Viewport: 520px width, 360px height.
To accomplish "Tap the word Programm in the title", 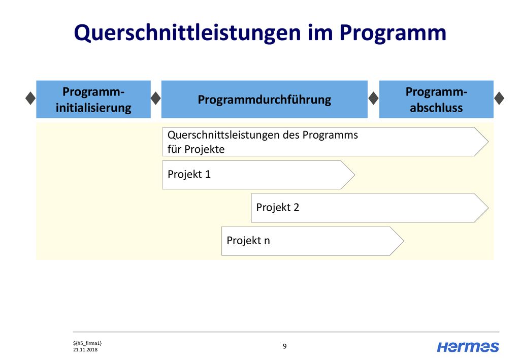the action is coord(393,34).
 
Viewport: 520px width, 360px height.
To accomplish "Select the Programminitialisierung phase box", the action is coord(93,99).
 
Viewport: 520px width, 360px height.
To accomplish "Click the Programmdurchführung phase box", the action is coord(264,99).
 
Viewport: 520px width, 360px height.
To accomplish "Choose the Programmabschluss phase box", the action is coord(436,99).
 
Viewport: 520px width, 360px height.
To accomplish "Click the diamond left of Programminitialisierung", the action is coord(30,98).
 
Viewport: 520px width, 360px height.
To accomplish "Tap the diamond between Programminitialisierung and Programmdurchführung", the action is coord(155,98).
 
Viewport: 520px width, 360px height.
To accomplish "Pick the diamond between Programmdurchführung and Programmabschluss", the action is coord(373,98).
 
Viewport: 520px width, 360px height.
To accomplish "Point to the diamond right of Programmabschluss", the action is coord(499,98).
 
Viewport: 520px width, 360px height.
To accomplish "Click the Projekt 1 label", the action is coord(189,174).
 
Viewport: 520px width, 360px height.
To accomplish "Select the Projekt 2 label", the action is coord(278,207).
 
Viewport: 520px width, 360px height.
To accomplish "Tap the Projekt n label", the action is coord(248,240).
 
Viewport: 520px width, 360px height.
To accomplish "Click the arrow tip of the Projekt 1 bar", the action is coord(355,175).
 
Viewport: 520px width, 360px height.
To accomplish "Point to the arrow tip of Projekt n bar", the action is coord(404,241).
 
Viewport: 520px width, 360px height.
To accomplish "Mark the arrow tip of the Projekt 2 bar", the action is coord(488,208).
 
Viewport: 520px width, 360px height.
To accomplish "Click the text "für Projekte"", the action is coord(196,149).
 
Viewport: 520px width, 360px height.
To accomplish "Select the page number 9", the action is coord(284,346).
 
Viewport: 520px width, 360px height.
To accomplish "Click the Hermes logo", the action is coord(468,347).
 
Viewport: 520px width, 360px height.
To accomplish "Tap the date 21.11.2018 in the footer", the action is coord(85,350).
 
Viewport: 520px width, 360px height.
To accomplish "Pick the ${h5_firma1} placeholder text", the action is coord(87,343).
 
